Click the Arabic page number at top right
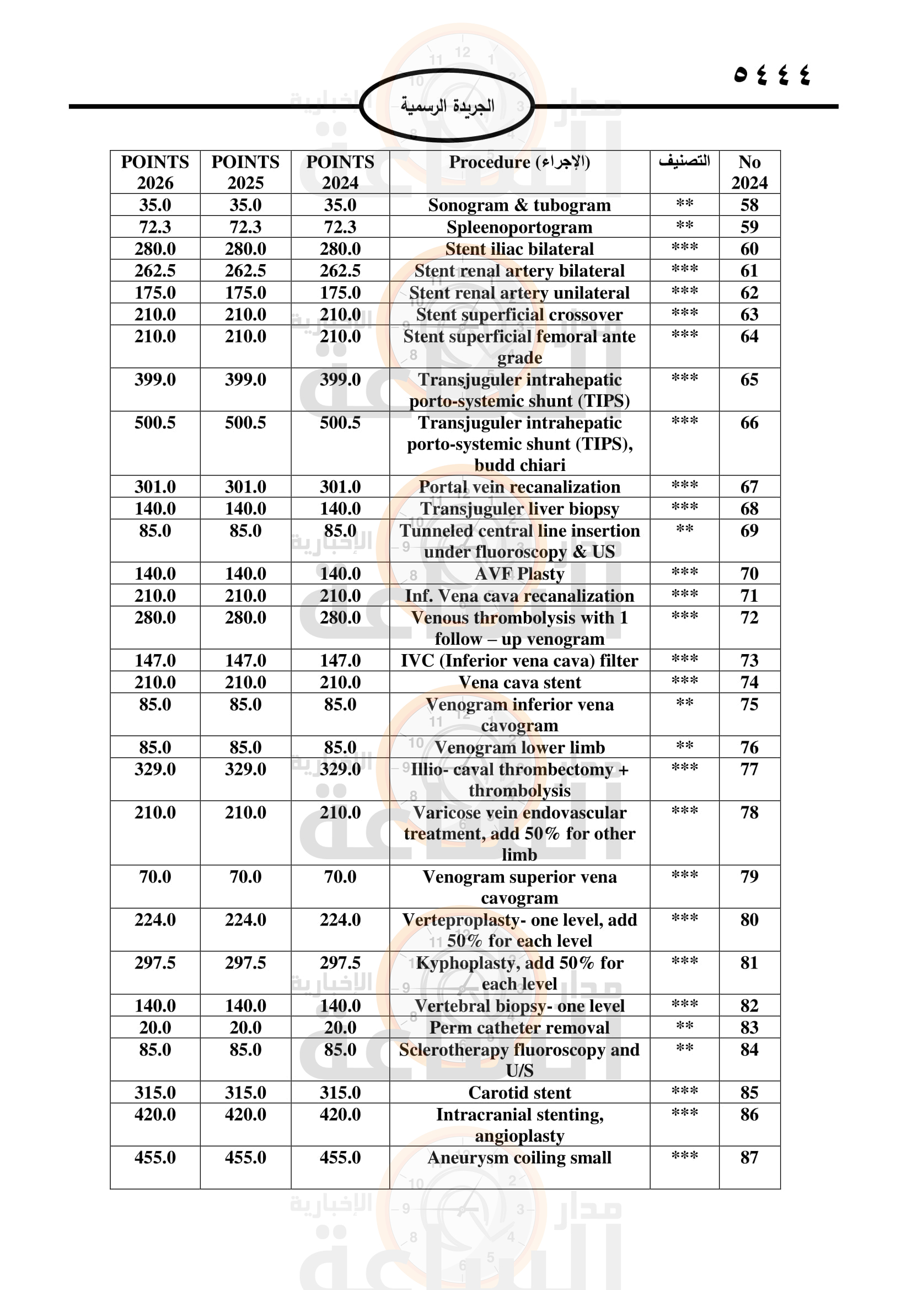pyautogui.click(x=771, y=74)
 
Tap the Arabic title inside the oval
pyautogui.click(x=447, y=106)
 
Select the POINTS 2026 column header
pyautogui.click(x=155, y=172)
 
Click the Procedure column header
pyautogui.click(x=519, y=162)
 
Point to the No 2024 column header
pyautogui.click(x=749, y=172)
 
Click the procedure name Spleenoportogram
pyautogui.click(x=519, y=227)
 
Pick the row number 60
pyautogui.click(x=749, y=249)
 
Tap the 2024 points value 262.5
pyautogui.click(x=340, y=271)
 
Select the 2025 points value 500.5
pyautogui.click(x=245, y=422)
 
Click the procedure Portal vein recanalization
pyautogui.click(x=519, y=486)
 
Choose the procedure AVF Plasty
pyautogui.click(x=519, y=574)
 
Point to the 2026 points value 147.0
pyautogui.click(x=155, y=660)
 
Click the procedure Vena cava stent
pyautogui.click(x=519, y=682)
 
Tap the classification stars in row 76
pyautogui.click(x=685, y=746)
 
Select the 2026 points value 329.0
pyautogui.click(x=155, y=769)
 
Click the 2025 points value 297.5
pyautogui.click(x=245, y=962)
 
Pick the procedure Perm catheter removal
pyautogui.click(x=519, y=1027)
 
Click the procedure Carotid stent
pyautogui.click(x=519, y=1092)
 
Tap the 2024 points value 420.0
pyautogui.click(x=340, y=1114)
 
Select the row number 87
pyautogui.click(x=749, y=1158)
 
